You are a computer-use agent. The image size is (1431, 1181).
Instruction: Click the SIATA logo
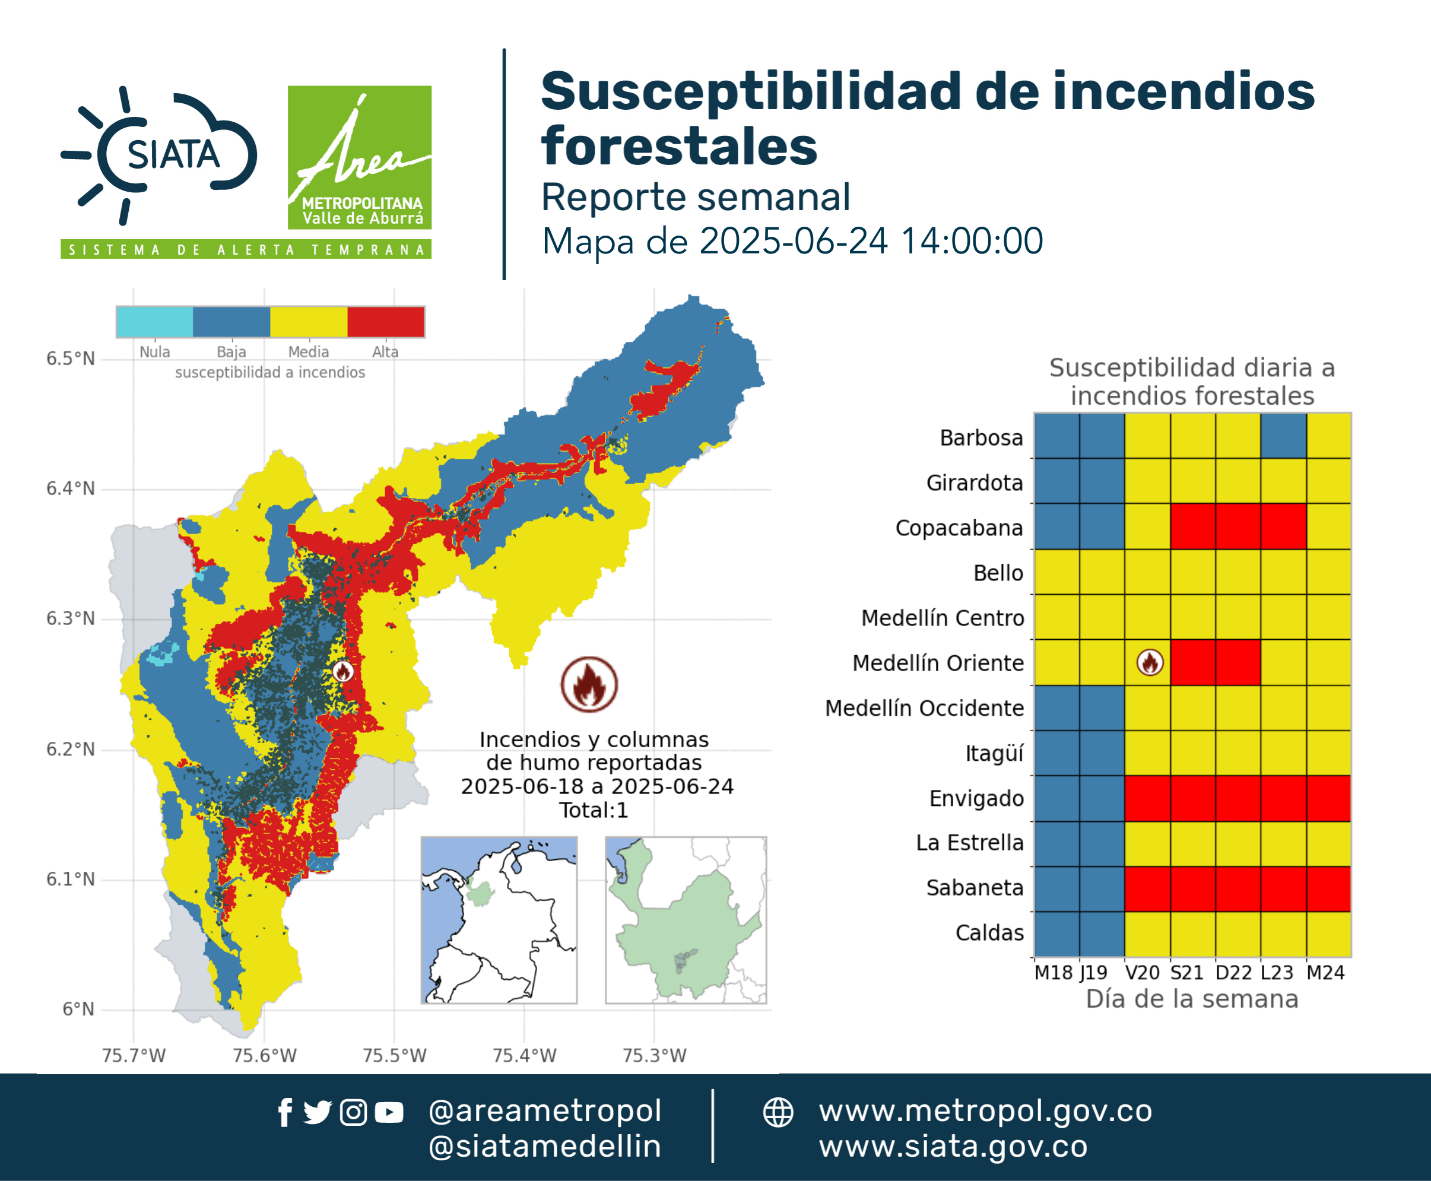pos(159,155)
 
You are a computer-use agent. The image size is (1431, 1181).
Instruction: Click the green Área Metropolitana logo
pos(359,157)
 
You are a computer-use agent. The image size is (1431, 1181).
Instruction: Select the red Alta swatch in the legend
pos(386,322)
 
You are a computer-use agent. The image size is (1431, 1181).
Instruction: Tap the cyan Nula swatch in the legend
pos(154,322)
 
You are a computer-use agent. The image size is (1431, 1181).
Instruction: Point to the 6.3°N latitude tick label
pos(71,618)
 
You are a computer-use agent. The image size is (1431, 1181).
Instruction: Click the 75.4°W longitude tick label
pos(524,1055)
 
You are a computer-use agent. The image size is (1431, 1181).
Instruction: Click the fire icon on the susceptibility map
pos(343,671)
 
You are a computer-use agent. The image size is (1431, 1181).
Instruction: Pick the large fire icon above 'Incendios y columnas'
pos(589,684)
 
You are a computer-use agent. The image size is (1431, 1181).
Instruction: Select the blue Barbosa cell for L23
pos(1283,436)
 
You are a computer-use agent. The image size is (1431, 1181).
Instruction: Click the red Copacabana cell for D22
pos(1238,526)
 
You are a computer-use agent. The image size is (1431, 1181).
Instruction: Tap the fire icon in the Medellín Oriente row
pos(1150,662)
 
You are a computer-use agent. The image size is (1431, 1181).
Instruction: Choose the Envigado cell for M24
pos(1328,798)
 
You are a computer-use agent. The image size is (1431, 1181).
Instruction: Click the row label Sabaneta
pos(975,888)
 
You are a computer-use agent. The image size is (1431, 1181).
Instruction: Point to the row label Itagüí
pos(994,754)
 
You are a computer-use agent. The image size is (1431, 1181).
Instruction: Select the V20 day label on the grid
pos(1142,973)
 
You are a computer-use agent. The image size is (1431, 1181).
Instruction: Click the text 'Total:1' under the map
pos(594,810)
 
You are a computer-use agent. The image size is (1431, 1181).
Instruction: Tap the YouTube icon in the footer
pos(389,1113)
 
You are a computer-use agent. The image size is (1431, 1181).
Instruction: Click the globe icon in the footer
pos(778,1113)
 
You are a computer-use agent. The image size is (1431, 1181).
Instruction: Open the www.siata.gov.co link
pos(953,1147)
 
